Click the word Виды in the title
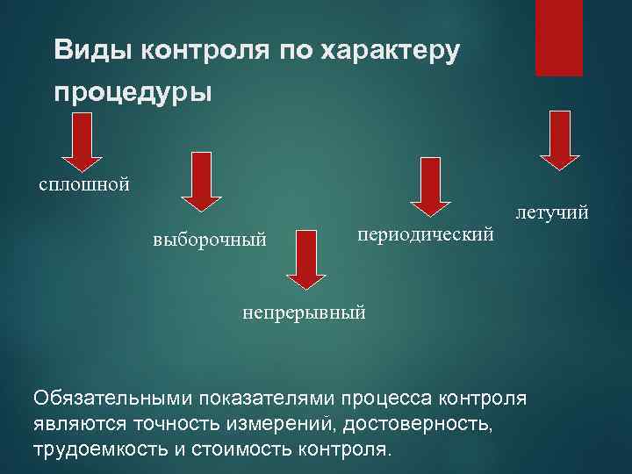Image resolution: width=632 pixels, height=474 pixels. click(x=84, y=50)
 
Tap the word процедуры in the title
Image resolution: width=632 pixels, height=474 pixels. click(x=133, y=91)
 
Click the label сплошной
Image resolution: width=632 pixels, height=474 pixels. click(x=84, y=184)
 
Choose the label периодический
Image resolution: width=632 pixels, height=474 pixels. click(x=427, y=234)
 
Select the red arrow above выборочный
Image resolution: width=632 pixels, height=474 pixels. click(x=201, y=181)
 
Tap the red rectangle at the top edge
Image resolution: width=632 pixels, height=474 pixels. click(x=559, y=38)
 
